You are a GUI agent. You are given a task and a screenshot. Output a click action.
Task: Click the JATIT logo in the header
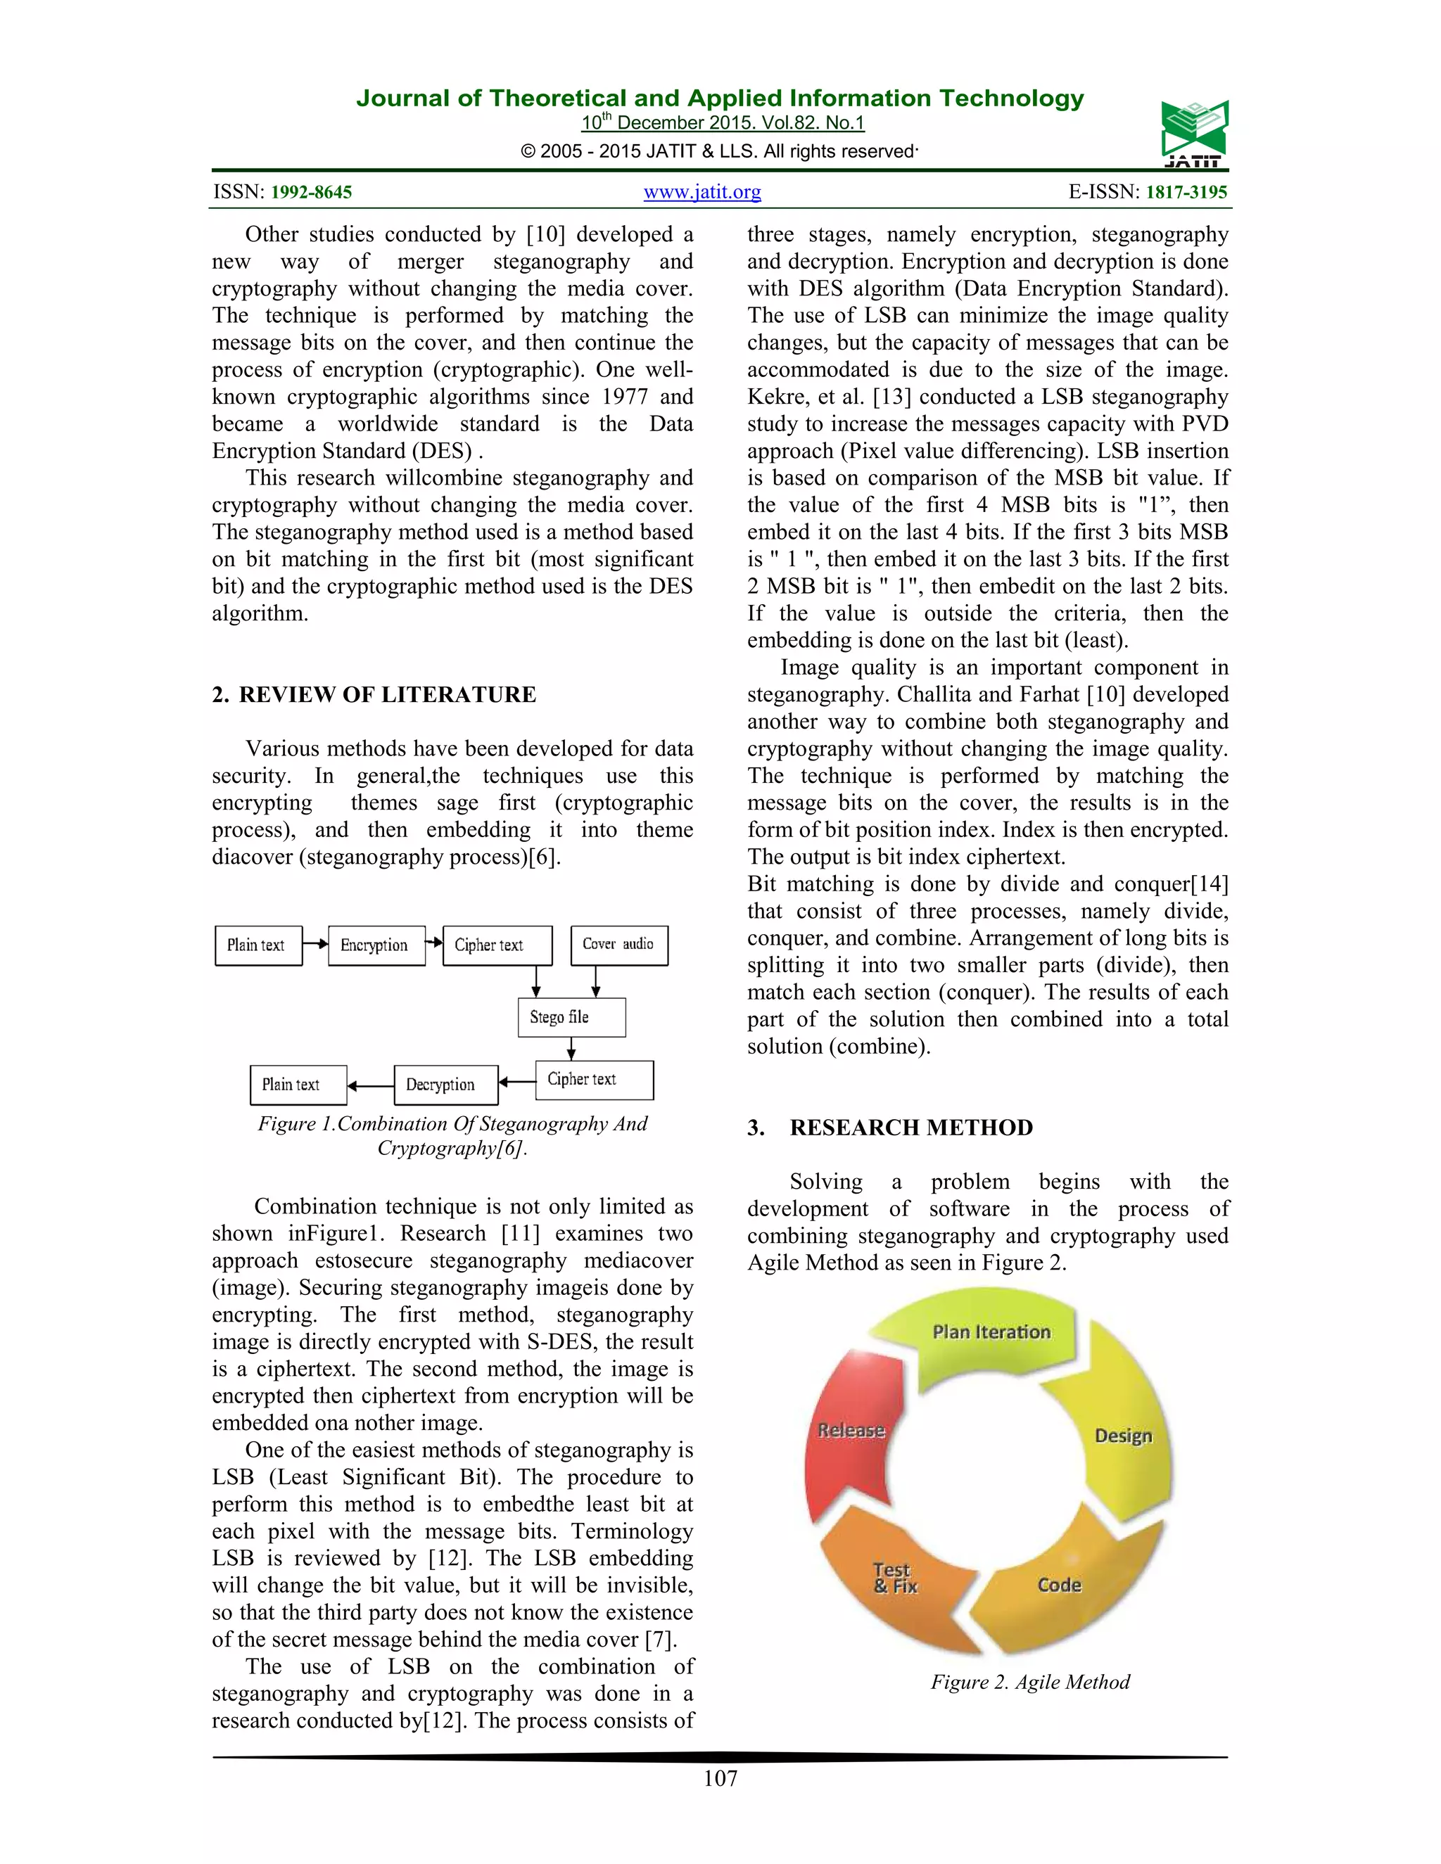1193,134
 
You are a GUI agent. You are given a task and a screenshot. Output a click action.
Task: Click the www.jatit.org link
702,192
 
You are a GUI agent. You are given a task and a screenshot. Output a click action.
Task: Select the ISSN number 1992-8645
312,192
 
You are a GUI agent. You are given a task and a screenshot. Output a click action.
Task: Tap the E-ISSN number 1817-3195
1186,192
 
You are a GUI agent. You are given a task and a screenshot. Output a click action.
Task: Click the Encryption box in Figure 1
376,945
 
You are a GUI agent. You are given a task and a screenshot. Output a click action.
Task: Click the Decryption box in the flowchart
445,1085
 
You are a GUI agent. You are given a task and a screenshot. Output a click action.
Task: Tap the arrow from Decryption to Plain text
369,1085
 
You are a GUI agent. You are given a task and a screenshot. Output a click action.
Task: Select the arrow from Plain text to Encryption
315,944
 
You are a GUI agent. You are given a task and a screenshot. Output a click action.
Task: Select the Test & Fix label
894,1578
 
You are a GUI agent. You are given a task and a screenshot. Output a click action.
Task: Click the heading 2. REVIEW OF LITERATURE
374,695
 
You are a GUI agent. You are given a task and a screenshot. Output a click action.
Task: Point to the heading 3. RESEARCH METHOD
890,1128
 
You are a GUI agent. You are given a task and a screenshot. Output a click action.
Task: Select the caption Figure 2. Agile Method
1029,1681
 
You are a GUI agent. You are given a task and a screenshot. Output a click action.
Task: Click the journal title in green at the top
720,98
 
